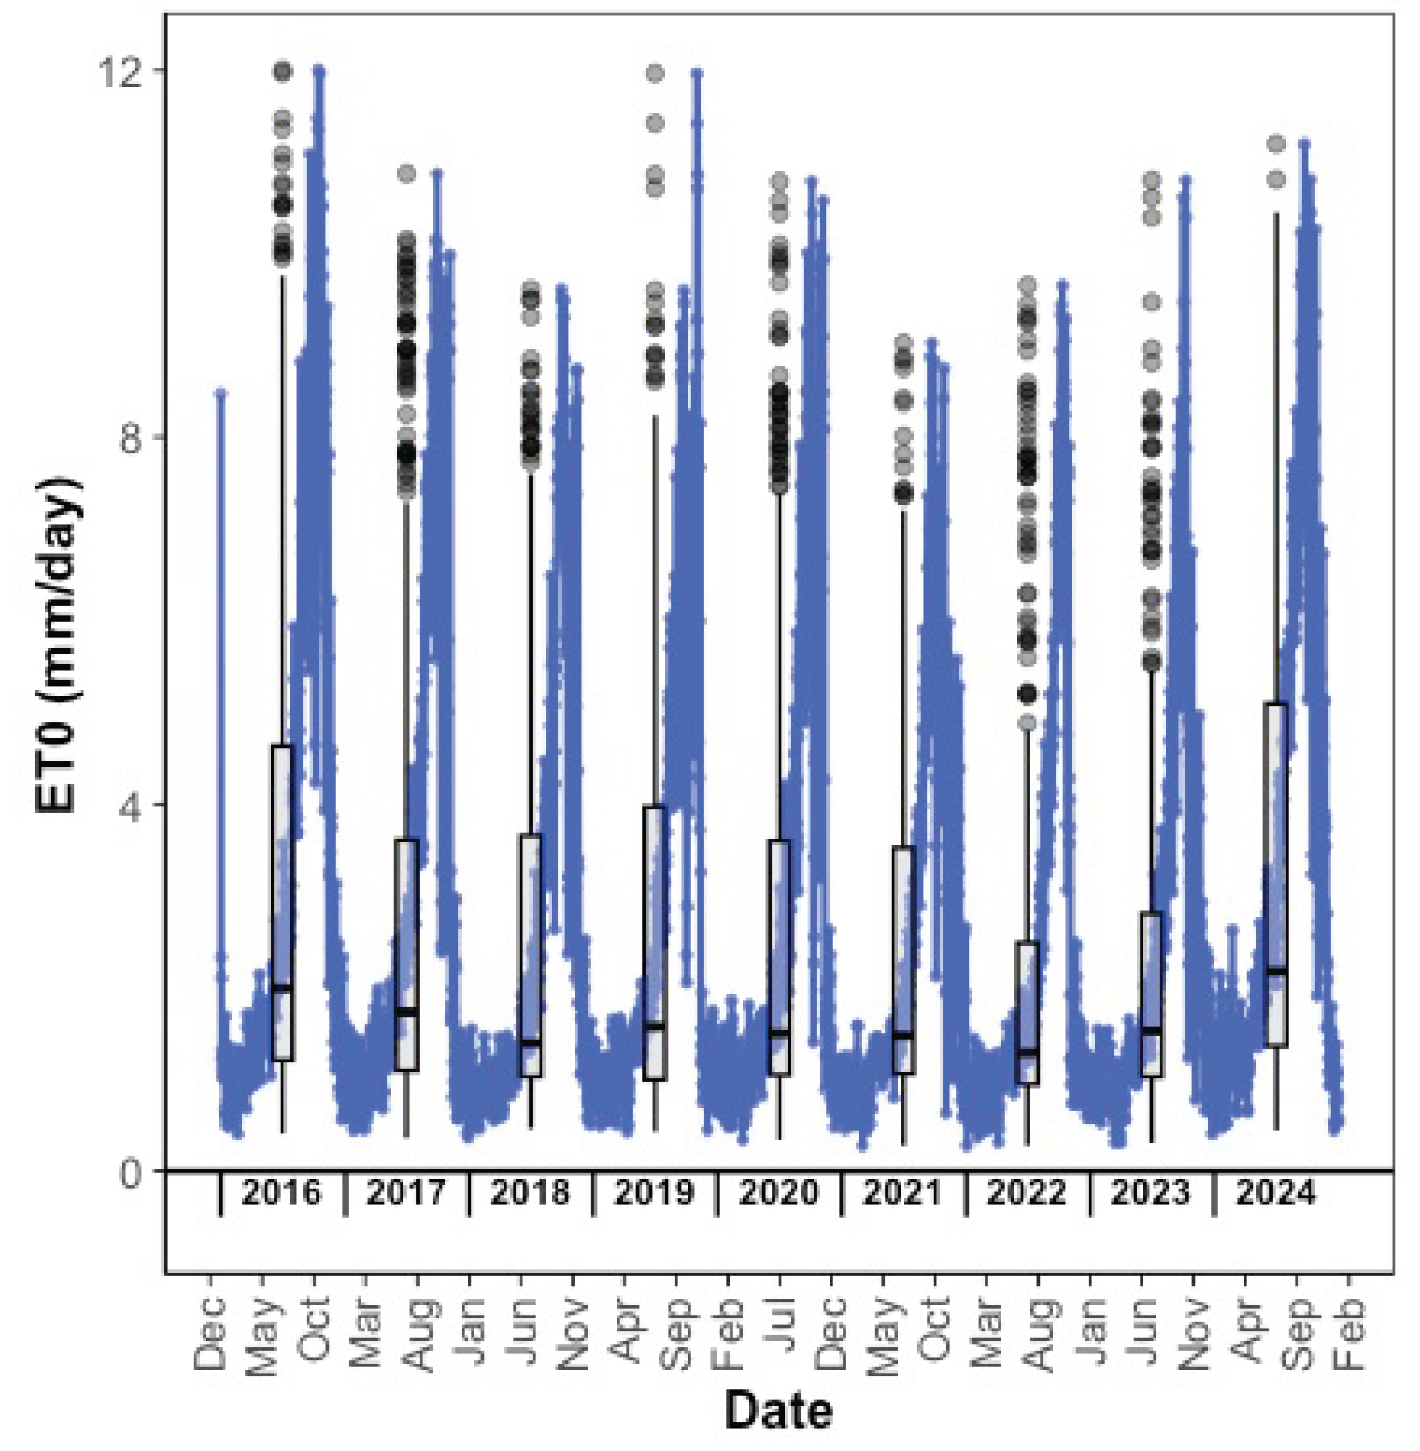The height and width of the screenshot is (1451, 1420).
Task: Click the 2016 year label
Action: pos(281,1192)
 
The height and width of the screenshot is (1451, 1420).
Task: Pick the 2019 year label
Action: pos(653,1192)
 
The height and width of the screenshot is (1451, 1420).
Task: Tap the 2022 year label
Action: pos(1026,1192)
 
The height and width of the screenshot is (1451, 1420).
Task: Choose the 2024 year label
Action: pos(1274,1192)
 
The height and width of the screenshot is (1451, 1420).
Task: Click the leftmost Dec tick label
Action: pos(210,1333)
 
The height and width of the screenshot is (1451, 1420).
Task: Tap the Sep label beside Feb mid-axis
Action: pos(677,1333)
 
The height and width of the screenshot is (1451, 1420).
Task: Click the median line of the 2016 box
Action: pos(282,988)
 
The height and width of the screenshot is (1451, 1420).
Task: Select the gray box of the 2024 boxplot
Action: pos(1275,874)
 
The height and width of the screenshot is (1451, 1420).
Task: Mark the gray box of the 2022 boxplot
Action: pos(1027,1011)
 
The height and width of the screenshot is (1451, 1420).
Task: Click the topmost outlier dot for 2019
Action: pos(654,74)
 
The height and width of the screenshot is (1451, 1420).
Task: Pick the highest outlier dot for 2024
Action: pos(1275,144)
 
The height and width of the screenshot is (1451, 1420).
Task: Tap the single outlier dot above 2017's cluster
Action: pos(406,175)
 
